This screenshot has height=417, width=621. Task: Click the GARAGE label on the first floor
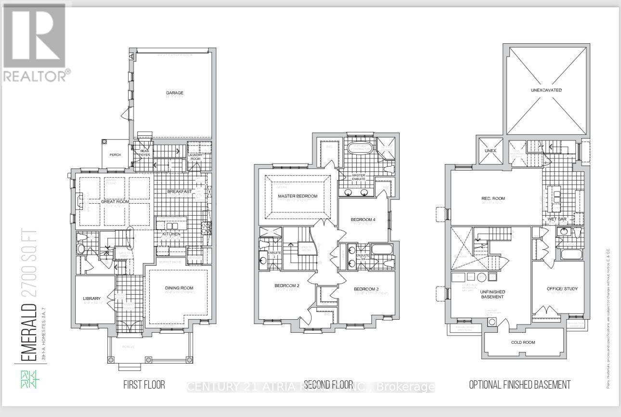(x=175, y=93)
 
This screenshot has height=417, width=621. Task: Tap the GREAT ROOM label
(x=115, y=202)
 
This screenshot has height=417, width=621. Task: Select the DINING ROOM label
(x=179, y=288)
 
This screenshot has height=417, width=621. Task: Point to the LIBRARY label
(x=92, y=299)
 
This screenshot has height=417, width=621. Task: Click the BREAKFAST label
(x=180, y=192)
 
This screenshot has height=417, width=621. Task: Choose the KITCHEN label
(x=171, y=234)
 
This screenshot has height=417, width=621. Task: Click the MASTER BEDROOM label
(x=298, y=196)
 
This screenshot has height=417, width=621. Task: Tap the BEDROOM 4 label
(x=362, y=220)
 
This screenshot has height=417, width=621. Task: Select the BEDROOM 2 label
(x=287, y=286)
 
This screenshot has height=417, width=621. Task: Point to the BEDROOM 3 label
(x=366, y=289)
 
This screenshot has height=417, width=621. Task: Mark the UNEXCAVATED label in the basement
(x=546, y=90)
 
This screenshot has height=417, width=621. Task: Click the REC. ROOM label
(x=493, y=198)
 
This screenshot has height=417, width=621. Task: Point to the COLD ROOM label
(x=523, y=342)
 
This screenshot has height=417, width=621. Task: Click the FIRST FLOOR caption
(x=144, y=384)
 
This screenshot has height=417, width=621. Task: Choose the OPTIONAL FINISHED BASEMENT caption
(x=520, y=384)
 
